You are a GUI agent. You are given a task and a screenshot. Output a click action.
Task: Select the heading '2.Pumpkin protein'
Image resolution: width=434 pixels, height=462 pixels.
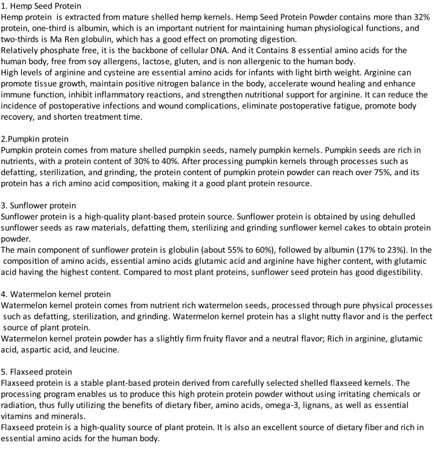point(36,139)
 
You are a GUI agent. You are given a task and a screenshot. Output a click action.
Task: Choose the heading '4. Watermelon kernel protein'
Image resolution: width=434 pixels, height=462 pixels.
point(57,293)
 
